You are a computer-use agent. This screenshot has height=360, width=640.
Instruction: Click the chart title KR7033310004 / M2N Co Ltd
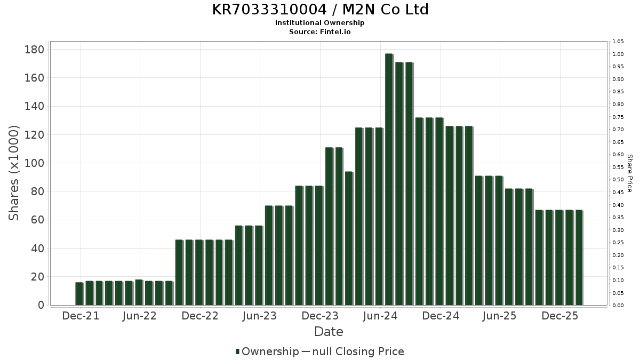pyautogui.click(x=320, y=10)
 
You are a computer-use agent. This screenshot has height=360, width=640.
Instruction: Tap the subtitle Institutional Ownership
pyautogui.click(x=320, y=23)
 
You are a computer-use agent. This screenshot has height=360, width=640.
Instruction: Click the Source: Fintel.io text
pyautogui.click(x=320, y=31)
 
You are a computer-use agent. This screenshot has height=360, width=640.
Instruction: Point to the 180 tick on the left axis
pyautogui.click(x=36, y=50)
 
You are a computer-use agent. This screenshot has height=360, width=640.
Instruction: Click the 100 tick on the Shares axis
pyautogui.click(x=36, y=163)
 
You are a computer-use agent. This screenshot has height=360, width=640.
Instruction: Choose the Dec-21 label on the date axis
pyautogui.click(x=81, y=316)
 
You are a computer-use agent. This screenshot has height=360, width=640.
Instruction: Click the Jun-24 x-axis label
pyautogui.click(x=380, y=316)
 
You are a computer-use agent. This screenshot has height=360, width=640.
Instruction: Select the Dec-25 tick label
pyautogui.click(x=560, y=316)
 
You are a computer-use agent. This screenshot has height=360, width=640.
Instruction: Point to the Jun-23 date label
pyautogui.click(x=260, y=316)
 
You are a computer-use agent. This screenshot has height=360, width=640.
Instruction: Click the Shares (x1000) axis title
pyautogui.click(x=14, y=173)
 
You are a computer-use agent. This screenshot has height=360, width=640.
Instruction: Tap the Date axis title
pyautogui.click(x=329, y=332)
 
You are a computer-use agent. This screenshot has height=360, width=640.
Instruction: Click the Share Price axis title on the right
pyautogui.click(x=629, y=173)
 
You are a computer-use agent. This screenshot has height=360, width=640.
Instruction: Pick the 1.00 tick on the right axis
pyautogui.click(x=619, y=54)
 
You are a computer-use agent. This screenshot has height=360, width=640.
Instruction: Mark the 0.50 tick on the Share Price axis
pyautogui.click(x=619, y=180)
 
